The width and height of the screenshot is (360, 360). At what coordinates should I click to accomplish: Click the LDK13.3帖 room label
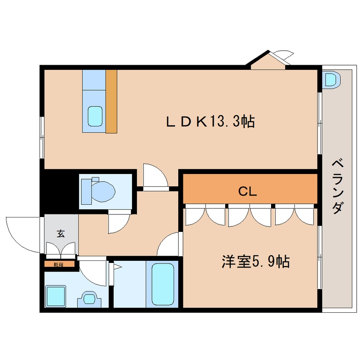pyautogui.click(x=210, y=121)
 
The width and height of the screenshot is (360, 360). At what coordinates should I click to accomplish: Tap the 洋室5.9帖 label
pyautogui.click(x=256, y=261)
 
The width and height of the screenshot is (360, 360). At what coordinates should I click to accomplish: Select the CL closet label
pyautogui.click(x=247, y=191)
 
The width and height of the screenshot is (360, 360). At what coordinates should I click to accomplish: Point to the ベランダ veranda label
pyautogui.click(x=338, y=187)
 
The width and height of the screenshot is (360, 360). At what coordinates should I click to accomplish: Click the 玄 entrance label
pyautogui.click(x=60, y=234)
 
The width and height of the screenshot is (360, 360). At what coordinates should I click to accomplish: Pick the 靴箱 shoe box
pyautogui.click(x=60, y=264)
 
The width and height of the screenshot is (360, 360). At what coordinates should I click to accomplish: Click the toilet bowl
pyautogui.click(x=103, y=191)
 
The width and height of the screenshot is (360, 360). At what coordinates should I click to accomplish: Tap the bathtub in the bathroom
pyautogui.click(x=163, y=284)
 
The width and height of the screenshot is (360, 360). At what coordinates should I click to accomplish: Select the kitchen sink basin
pyautogui.click(x=95, y=116)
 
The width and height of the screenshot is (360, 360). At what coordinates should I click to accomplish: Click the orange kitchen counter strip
pyautogui.click(x=111, y=101)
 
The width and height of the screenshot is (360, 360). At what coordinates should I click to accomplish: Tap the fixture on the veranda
pyautogui.click(x=331, y=80)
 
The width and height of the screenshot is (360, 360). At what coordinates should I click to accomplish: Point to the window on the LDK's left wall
pyautogui.click(x=42, y=137)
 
